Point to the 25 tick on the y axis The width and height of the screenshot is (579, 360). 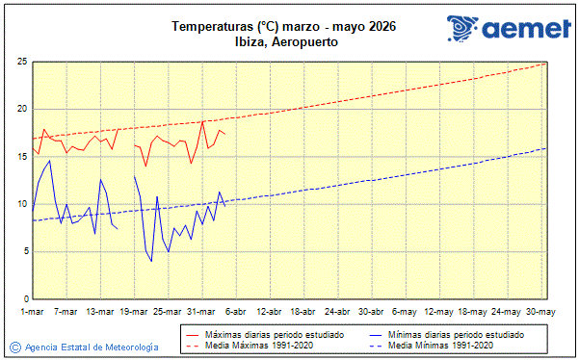[21, 62]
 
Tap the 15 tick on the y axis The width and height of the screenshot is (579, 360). [21, 157]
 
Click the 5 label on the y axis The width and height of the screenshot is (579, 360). [24, 252]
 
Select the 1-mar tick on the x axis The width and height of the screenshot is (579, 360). [33, 311]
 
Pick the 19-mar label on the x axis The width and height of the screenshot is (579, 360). [135, 311]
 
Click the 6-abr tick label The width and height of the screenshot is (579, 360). [236, 311]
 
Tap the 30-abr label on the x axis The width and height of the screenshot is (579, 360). [372, 311]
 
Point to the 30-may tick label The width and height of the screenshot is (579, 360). [541, 311]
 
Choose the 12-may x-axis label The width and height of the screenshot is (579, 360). [439, 311]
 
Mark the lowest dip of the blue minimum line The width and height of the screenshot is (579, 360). [151, 261]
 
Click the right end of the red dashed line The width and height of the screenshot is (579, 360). [546, 63]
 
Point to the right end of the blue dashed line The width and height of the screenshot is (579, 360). [546, 147]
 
